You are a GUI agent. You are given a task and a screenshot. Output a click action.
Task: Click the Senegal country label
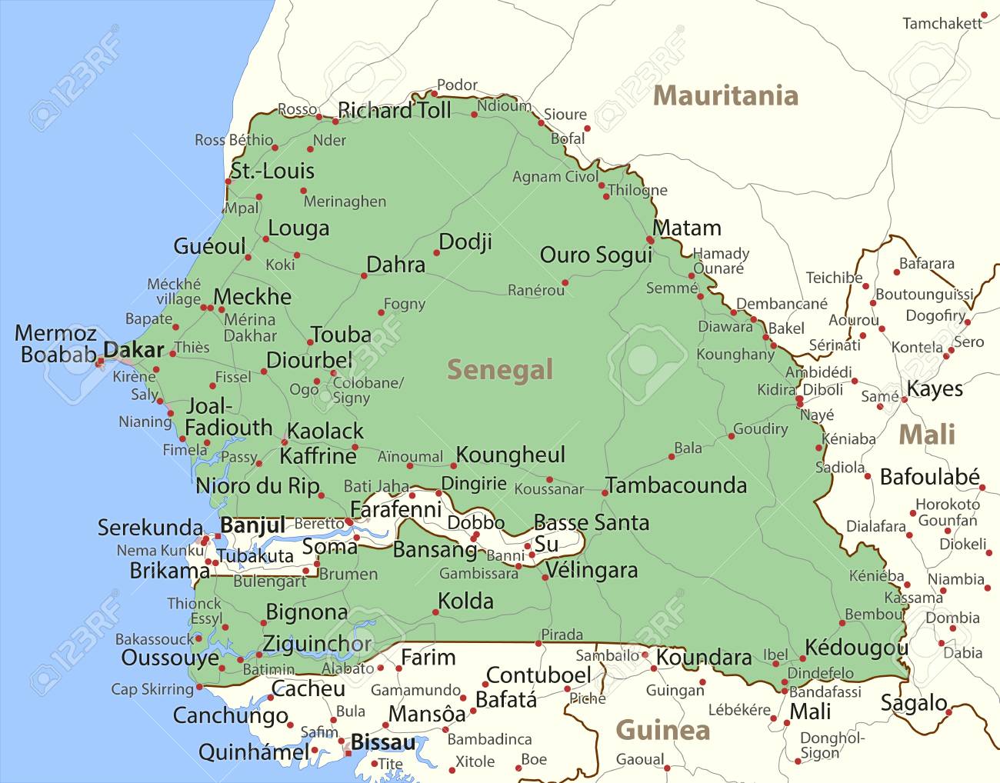pyautogui.click(x=500, y=370)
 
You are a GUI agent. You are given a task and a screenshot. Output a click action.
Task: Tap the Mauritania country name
pyautogui.click(x=725, y=95)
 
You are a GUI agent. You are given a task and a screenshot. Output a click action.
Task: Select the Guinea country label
pyautogui.click(x=662, y=729)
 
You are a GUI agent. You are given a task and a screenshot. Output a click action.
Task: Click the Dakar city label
pyautogui.click(x=134, y=350)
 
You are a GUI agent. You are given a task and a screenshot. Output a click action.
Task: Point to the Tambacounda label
pyautogui.click(x=676, y=485)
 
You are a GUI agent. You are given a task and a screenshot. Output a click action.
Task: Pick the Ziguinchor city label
pyautogui.click(x=317, y=644)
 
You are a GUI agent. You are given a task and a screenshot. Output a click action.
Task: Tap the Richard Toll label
pyautogui.click(x=395, y=111)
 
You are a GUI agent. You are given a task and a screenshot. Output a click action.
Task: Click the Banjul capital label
pyautogui.click(x=252, y=525)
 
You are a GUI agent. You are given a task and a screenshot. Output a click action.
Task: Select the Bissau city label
pyautogui.click(x=383, y=742)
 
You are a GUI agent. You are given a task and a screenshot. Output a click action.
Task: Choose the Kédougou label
pyautogui.click(x=856, y=648)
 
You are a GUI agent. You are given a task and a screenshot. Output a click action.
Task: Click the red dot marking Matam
pyautogui.click(x=651, y=240)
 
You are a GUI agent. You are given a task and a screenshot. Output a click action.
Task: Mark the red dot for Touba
pyautogui.click(x=311, y=344)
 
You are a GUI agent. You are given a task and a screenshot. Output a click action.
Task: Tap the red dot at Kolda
pyautogui.click(x=435, y=613)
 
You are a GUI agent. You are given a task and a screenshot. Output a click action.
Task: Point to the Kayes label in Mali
pyautogui.click(x=935, y=389)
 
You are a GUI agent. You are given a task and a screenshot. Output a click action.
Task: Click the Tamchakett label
pyautogui.click(x=942, y=24)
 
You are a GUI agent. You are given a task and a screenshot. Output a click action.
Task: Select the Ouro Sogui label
pyautogui.click(x=595, y=255)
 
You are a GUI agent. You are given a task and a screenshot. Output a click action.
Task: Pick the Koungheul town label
pyautogui.click(x=510, y=455)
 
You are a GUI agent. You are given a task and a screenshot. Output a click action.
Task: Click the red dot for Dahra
pyautogui.click(x=364, y=275)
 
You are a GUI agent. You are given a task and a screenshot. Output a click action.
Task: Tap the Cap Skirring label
pyautogui.click(x=152, y=689)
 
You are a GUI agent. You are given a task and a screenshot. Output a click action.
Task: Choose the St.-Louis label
pyautogui.click(x=272, y=171)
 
